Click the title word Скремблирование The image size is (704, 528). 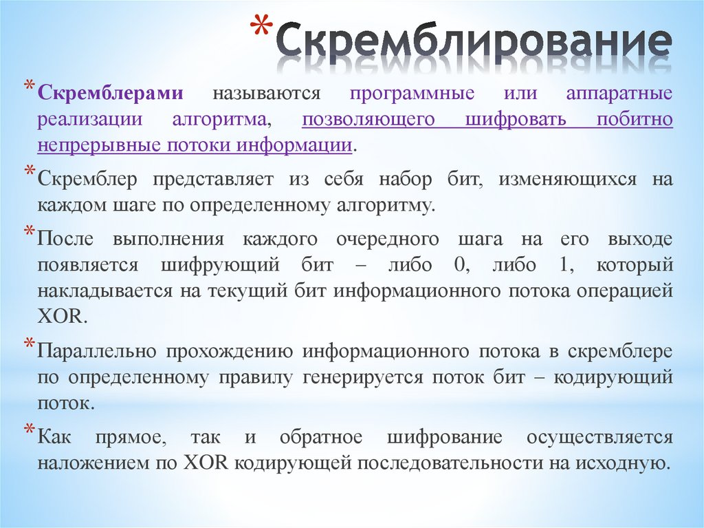474,43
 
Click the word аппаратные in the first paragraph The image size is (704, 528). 619,93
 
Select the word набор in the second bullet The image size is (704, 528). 406,180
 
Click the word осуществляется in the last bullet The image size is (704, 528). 599,437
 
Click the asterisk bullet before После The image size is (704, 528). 30,232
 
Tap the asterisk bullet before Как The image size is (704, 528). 30,430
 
